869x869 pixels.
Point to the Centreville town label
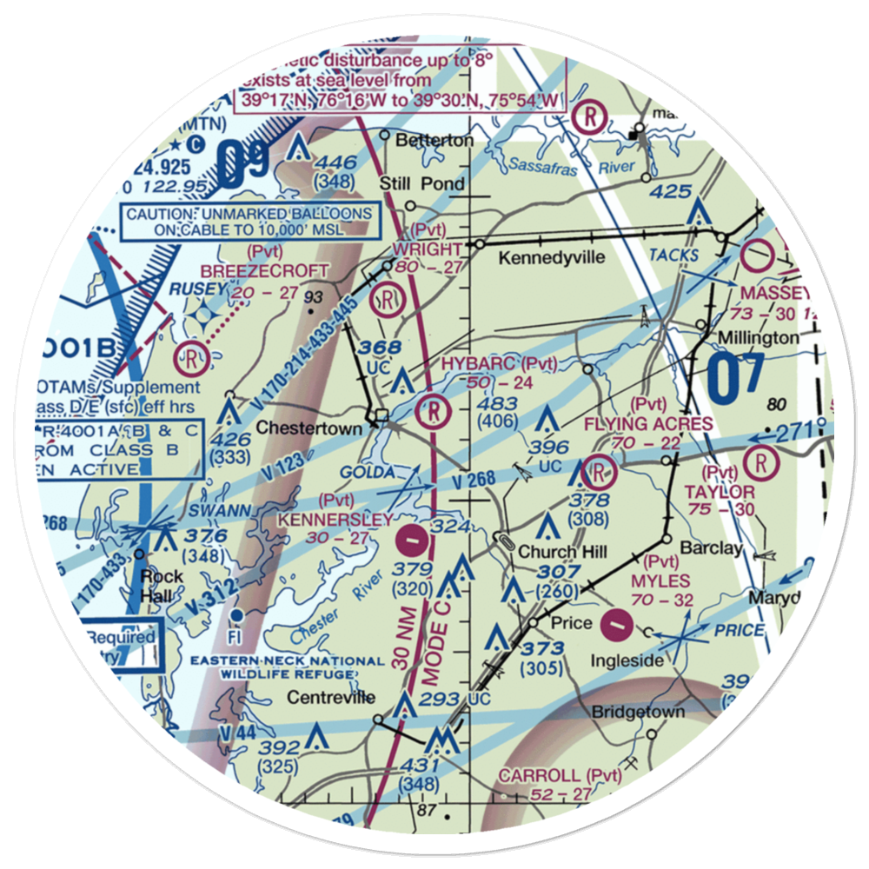(x=333, y=697)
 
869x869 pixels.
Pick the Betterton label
(x=434, y=140)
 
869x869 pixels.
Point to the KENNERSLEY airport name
(x=335, y=519)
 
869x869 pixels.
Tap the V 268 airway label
(x=473, y=479)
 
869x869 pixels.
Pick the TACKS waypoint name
(x=673, y=255)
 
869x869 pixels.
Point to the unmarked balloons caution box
(x=249, y=222)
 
